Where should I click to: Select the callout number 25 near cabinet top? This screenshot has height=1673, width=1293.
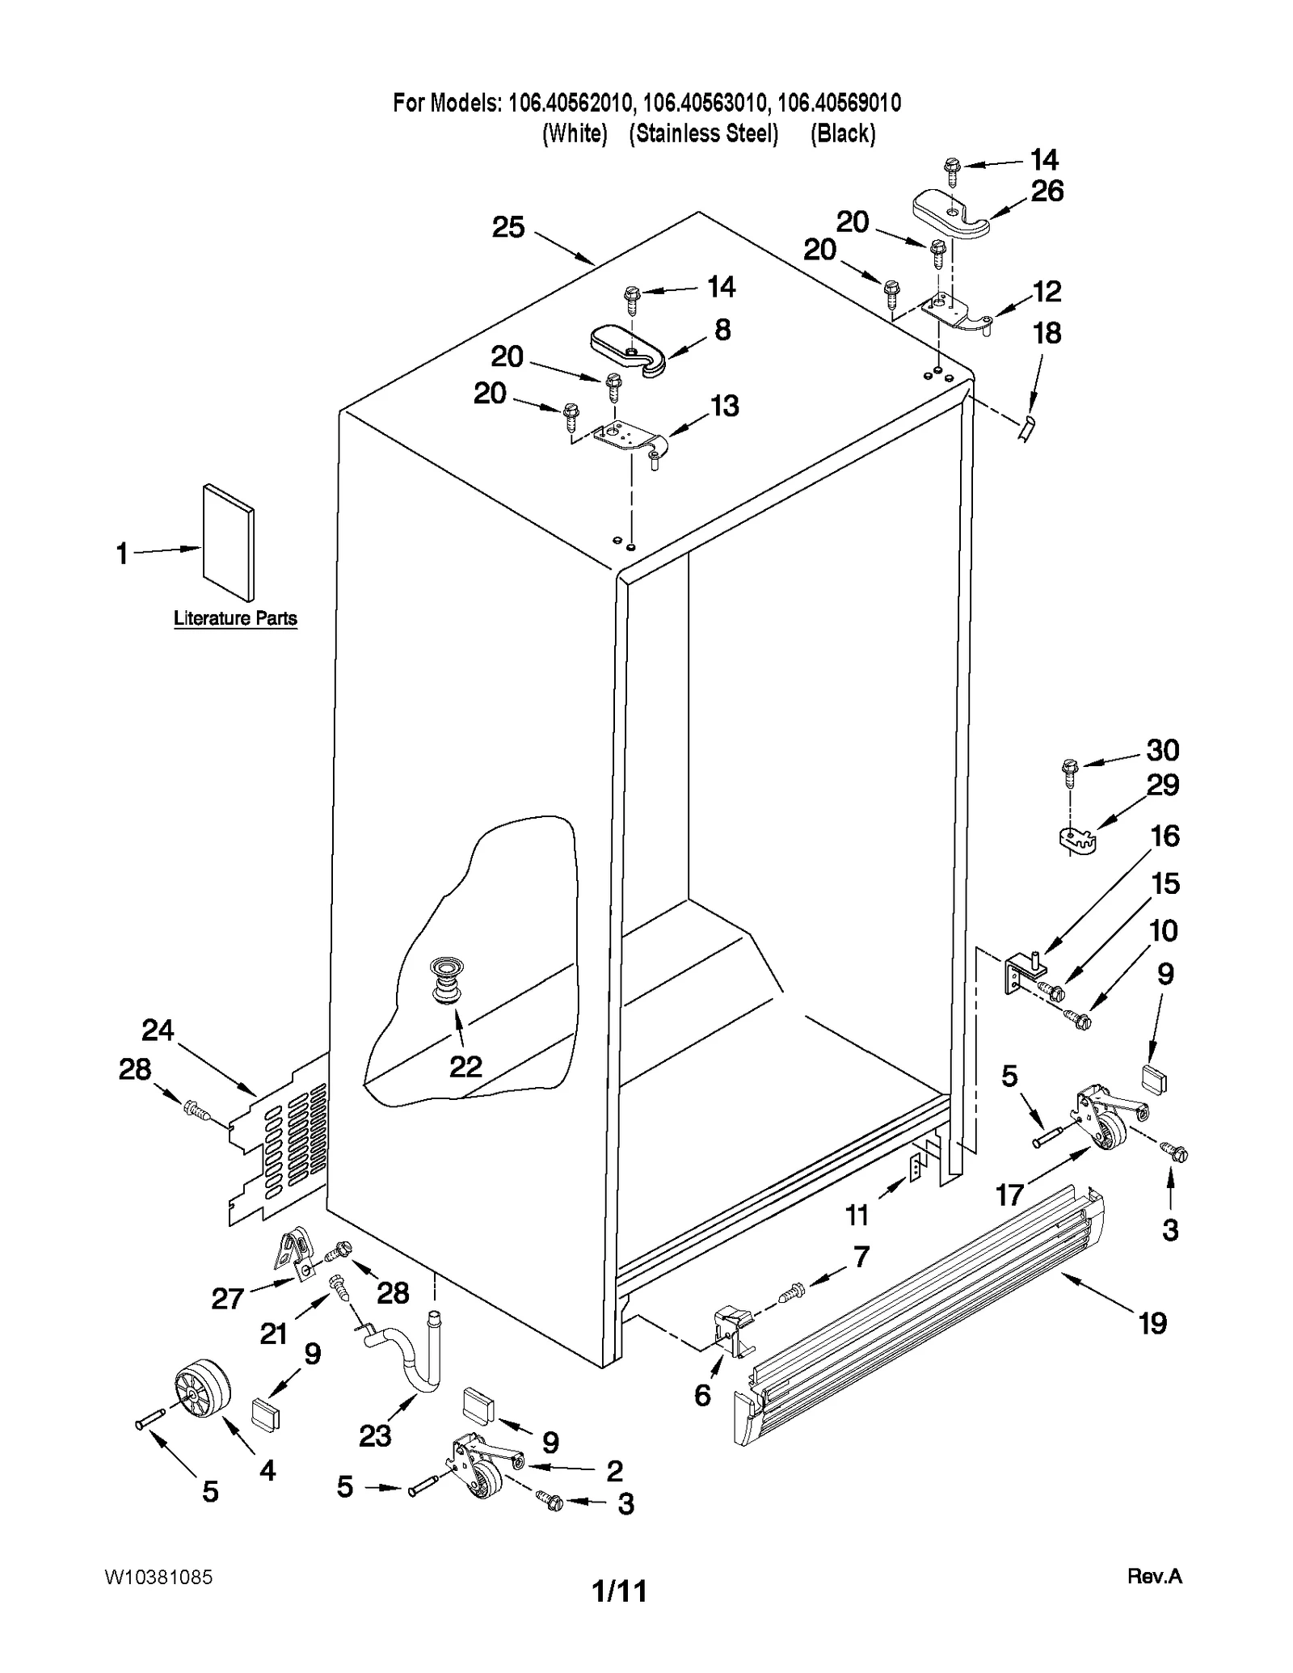[x=508, y=227]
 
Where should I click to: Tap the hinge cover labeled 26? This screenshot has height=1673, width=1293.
[x=950, y=213]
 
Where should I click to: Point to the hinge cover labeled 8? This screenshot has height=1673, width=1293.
[x=628, y=349]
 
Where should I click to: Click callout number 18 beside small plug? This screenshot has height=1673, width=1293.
[x=1047, y=333]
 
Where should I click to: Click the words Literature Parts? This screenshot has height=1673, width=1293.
[x=235, y=618]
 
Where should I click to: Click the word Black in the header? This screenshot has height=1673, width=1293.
[x=843, y=133]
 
